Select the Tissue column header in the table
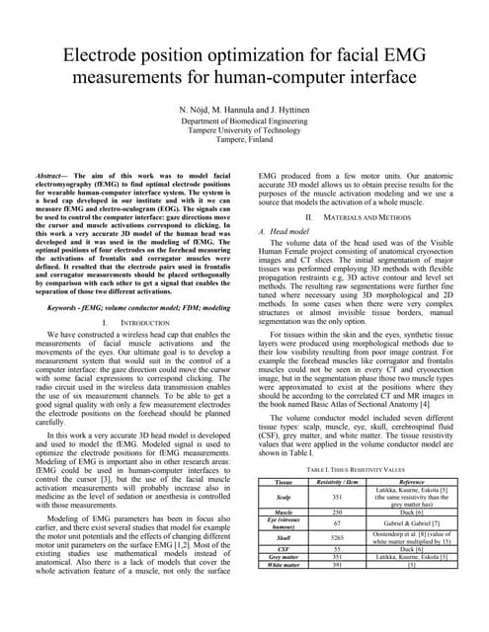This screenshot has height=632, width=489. pyautogui.click(x=284, y=481)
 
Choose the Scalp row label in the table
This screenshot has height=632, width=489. pyautogui.click(x=284, y=497)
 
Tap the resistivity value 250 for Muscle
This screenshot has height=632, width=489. pyautogui.click(x=337, y=513)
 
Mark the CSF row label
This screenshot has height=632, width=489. pyautogui.click(x=284, y=548)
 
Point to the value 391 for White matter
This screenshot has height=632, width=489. pyautogui.click(x=337, y=565)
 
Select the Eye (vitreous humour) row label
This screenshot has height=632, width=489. pyautogui.click(x=284, y=522)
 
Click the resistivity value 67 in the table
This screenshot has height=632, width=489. pyautogui.click(x=337, y=522)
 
